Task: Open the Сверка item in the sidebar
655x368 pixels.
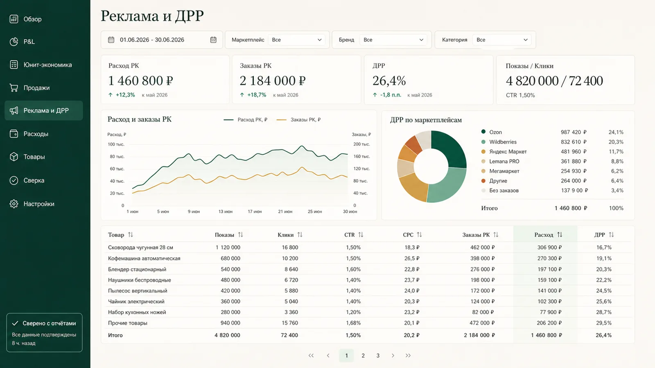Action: [x=34, y=180]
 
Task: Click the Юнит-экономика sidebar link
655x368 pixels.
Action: [x=47, y=65]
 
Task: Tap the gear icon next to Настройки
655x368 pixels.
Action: [x=14, y=204]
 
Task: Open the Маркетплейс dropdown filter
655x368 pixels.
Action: [x=296, y=40]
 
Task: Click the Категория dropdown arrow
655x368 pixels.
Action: [x=526, y=40]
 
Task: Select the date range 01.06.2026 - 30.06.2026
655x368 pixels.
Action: [x=152, y=40]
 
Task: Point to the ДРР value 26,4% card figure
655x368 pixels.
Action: [x=389, y=81]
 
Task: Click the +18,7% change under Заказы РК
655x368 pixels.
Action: [x=256, y=95]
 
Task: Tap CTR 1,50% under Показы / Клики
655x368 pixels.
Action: [x=520, y=95]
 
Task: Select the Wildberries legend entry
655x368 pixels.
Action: [x=502, y=142]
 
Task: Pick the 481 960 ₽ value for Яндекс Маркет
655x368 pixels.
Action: [x=574, y=152]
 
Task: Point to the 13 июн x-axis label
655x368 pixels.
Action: [x=226, y=211]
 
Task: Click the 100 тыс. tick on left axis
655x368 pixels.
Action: [x=116, y=144]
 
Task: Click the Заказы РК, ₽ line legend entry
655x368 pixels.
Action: [x=298, y=120]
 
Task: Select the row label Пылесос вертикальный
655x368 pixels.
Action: [x=138, y=291]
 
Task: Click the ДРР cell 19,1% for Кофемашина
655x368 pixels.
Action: [x=604, y=258]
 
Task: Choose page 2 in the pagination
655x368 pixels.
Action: [x=363, y=355]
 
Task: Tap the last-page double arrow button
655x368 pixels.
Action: [x=408, y=355]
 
